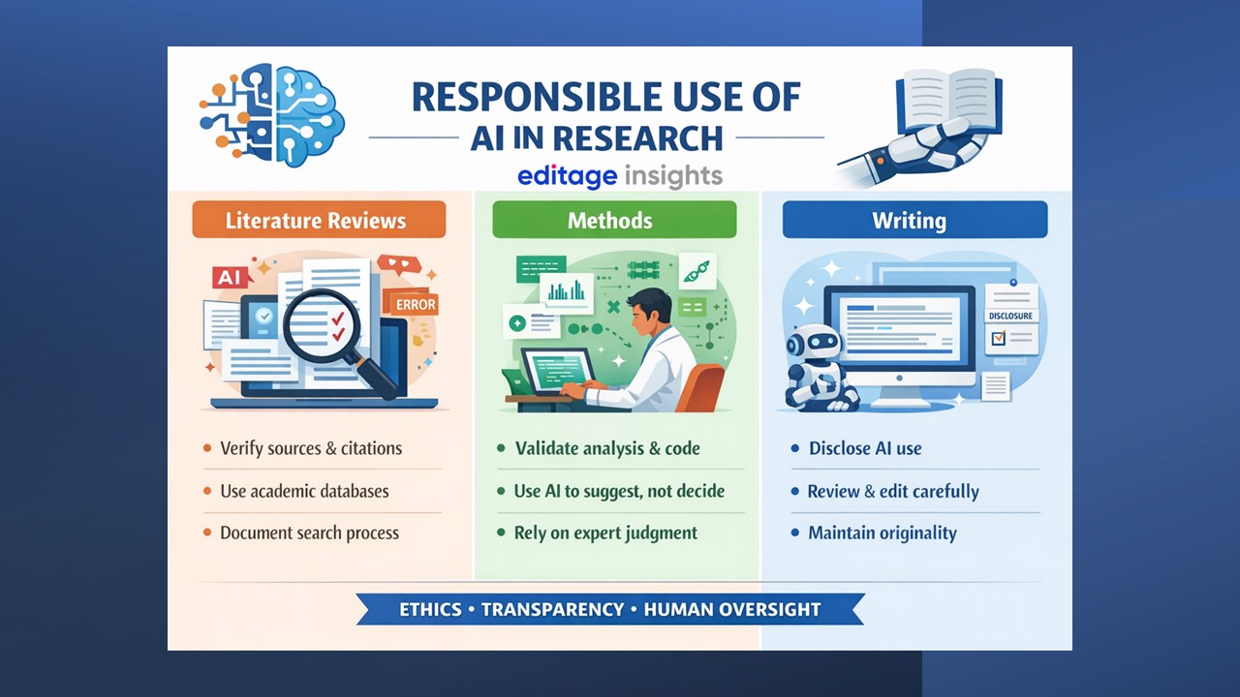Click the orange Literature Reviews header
319,220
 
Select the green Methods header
614,220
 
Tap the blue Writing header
915,220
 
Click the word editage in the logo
568,176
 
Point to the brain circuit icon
272,114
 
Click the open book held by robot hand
948,101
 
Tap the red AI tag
230,277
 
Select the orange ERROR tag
414,304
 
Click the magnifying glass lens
322,324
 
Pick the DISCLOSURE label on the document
1010,316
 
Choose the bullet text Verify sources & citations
311,448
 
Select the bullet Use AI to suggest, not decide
619,491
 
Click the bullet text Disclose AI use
865,448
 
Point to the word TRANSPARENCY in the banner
552,610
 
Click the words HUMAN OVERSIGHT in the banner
731,610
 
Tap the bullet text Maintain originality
883,532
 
